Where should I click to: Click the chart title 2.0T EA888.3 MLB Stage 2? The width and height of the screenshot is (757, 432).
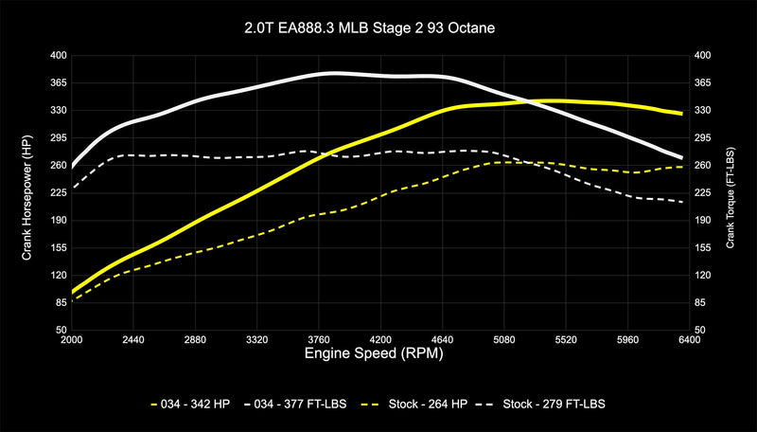point(378,28)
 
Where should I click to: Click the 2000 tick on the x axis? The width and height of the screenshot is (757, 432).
point(72,338)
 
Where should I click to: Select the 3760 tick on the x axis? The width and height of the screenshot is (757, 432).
point(317,338)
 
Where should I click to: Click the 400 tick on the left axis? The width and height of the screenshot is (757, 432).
point(57,56)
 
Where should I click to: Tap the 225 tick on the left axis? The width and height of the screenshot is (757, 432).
point(57,193)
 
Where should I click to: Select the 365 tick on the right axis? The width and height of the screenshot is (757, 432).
point(701,83)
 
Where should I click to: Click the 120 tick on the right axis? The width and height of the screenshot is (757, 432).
point(701,275)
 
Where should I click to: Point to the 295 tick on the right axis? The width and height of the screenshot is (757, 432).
point(701,138)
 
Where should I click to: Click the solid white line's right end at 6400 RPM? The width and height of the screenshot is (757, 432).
point(683,157)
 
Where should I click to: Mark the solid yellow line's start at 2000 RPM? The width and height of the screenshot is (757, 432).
point(73,292)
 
